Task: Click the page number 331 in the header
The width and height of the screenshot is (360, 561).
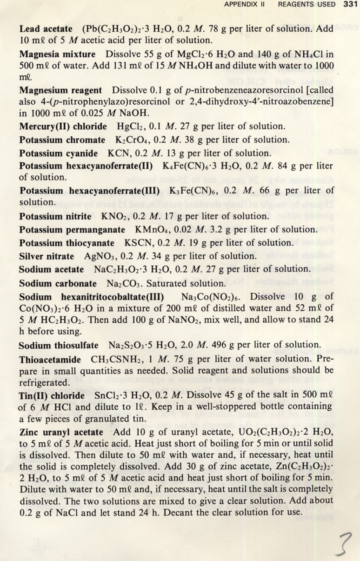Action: tap(349, 5)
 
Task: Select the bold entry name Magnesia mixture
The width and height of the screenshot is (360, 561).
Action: tap(57, 54)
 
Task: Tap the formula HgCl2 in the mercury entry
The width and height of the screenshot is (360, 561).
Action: tap(124, 127)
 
